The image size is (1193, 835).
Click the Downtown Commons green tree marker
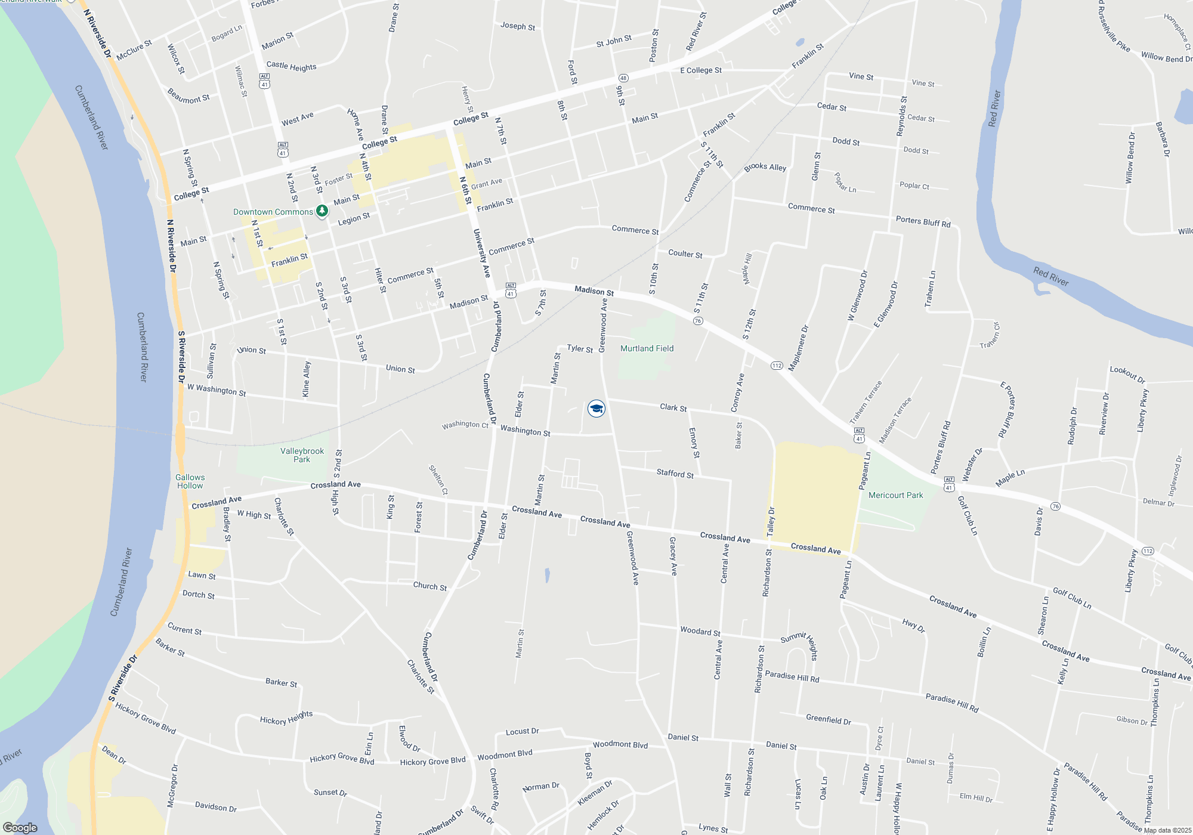click(322, 211)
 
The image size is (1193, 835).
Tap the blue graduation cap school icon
click(596, 409)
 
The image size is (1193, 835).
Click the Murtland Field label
click(647, 348)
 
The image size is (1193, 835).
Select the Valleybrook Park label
click(302, 455)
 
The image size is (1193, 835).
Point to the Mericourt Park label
click(895, 495)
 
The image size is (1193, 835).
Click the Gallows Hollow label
click(190, 481)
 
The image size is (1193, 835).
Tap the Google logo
click(20, 828)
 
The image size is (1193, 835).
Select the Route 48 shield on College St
click(623, 78)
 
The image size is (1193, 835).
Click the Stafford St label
click(675, 474)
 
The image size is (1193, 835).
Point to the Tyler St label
click(580, 348)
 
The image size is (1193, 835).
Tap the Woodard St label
click(700, 631)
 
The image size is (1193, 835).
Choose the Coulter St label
click(685, 253)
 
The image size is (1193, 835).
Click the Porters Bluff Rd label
click(923, 221)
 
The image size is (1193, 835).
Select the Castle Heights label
click(291, 66)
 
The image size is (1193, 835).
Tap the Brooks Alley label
click(765, 167)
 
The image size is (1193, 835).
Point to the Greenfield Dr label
click(828, 719)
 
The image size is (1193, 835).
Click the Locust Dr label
click(522, 731)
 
